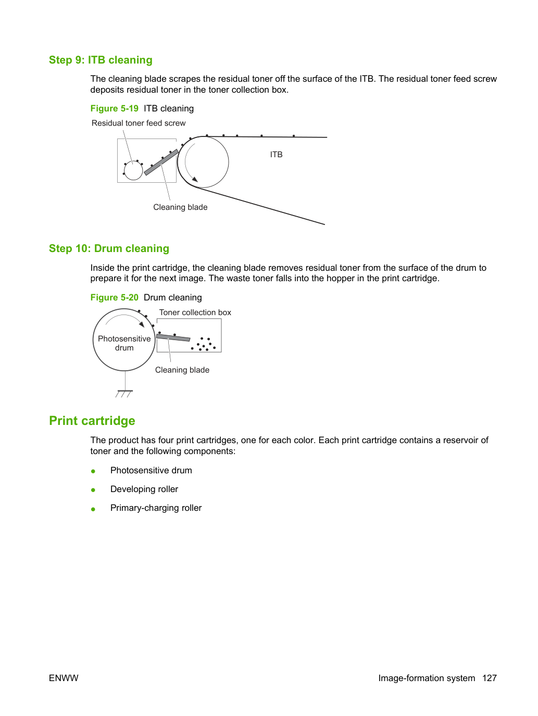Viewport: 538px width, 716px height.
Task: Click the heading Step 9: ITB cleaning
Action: coord(101,60)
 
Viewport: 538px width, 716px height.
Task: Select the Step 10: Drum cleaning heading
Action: coord(109,248)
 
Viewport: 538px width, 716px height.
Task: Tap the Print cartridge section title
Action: coord(92,421)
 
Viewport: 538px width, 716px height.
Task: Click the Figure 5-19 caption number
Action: coord(114,108)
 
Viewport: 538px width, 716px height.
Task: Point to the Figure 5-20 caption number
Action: coord(114,297)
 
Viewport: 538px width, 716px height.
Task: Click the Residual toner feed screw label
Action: coord(139,123)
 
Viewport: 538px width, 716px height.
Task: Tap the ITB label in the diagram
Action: coord(276,155)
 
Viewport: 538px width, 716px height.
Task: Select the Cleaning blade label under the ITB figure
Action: coord(180,207)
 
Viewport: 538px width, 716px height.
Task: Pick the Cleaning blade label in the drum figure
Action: coord(182,370)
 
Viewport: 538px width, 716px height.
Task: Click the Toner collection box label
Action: coord(195,312)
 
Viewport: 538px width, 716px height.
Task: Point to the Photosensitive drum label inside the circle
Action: coord(124,343)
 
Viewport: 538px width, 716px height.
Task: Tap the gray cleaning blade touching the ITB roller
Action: coord(161,162)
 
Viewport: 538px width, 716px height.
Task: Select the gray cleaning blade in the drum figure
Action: coord(173,337)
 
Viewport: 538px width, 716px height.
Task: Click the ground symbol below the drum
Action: coord(124,393)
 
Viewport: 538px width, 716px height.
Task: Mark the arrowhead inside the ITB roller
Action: coord(195,179)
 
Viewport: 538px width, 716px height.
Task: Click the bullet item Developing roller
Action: coord(144,489)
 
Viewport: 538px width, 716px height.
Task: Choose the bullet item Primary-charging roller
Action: coord(156,508)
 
